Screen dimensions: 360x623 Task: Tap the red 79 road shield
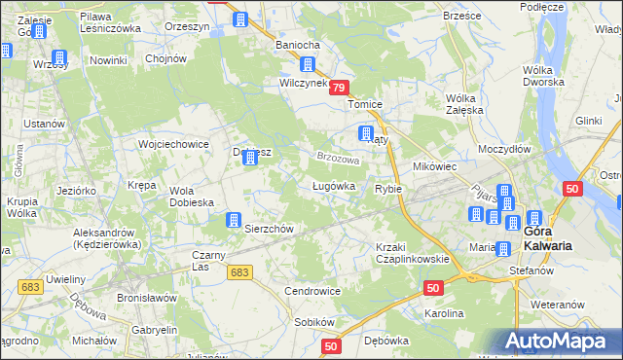click(x=339, y=88)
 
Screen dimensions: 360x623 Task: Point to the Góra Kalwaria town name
click(x=547, y=239)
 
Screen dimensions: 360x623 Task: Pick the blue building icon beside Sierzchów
click(x=234, y=221)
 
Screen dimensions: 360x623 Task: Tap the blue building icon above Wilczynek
click(x=308, y=66)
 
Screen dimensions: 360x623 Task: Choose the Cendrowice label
click(x=311, y=291)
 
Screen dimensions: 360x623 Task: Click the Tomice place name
click(x=368, y=105)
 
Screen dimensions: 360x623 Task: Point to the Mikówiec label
click(x=435, y=166)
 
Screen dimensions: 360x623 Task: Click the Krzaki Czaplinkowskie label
click(x=412, y=253)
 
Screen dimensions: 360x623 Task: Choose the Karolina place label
click(x=444, y=314)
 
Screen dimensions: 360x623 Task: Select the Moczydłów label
click(x=504, y=149)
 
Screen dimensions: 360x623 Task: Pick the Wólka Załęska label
click(x=464, y=104)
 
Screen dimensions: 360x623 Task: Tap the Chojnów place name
click(x=165, y=58)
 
